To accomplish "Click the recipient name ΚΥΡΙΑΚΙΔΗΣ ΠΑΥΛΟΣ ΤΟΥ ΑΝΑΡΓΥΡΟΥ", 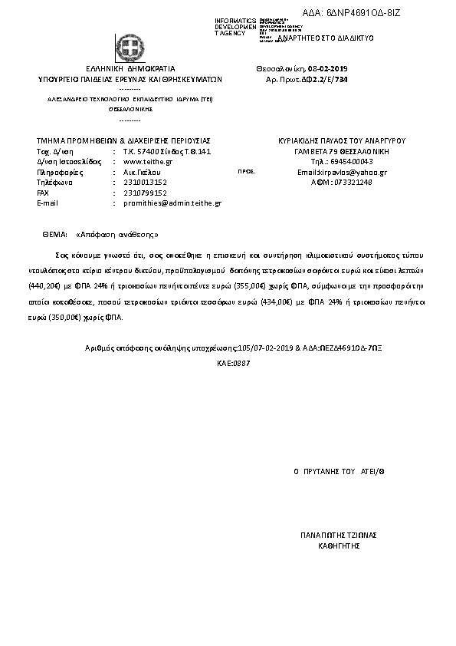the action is pyautogui.click(x=341, y=141).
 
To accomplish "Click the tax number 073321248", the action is pyautogui.click(x=352, y=183).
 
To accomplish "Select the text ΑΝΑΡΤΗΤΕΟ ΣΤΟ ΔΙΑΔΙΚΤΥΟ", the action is pyautogui.click(x=325, y=38).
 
